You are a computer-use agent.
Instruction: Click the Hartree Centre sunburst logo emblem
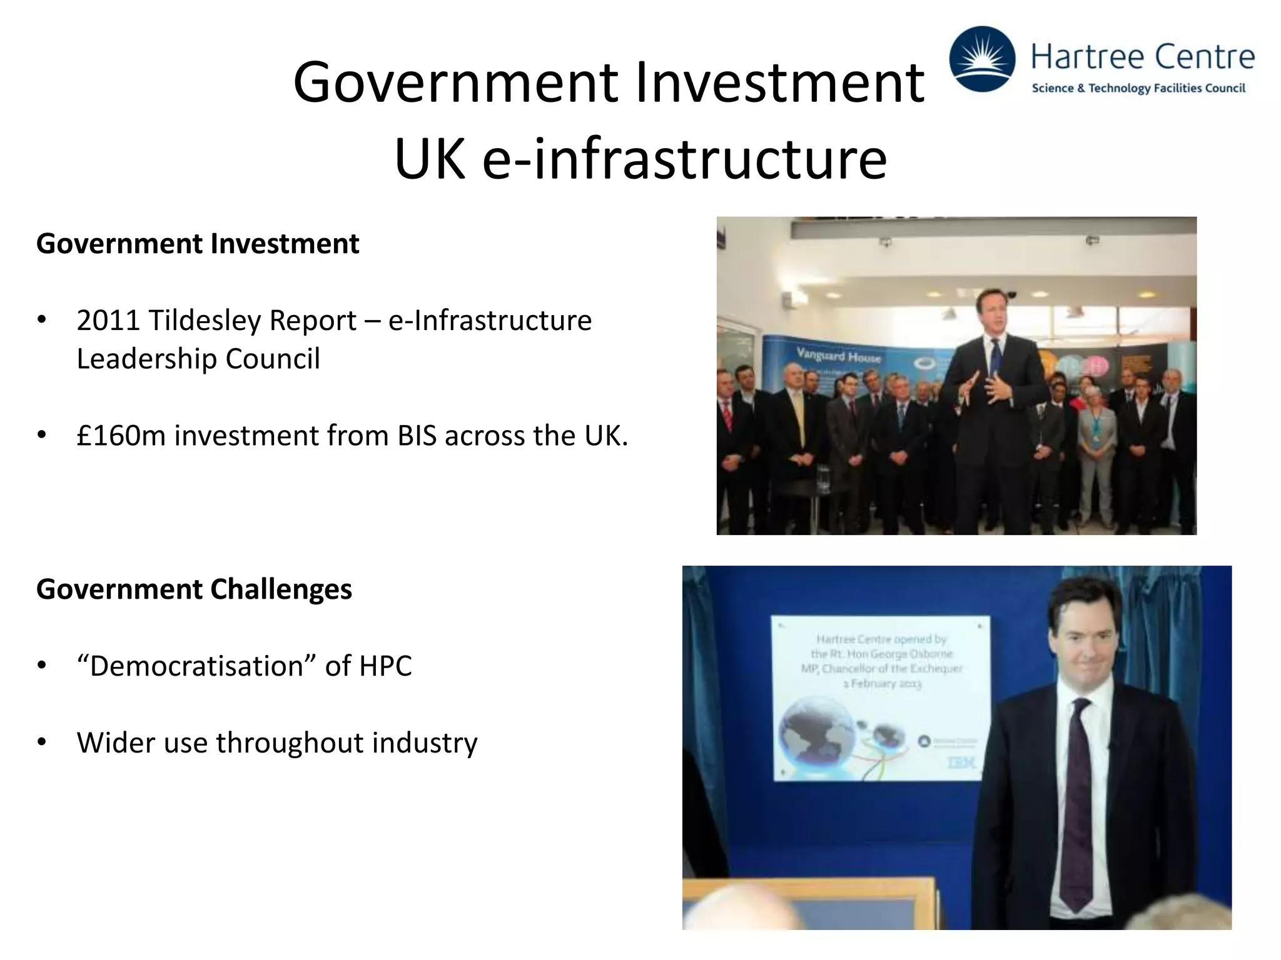tap(982, 59)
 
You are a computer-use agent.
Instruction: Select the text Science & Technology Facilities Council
tap(1138, 88)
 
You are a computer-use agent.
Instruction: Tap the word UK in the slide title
tap(430, 159)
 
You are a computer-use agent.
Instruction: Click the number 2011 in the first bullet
tap(108, 321)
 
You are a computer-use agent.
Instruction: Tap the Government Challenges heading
tap(194, 589)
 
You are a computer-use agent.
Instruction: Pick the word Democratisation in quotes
tap(195, 666)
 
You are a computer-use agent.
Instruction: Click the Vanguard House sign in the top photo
tap(838, 356)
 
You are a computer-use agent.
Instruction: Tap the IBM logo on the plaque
tap(961, 762)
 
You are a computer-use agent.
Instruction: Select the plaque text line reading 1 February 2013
tap(882, 684)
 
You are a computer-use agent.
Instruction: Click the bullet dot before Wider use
tap(42, 742)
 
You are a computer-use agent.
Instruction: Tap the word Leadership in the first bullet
tap(147, 359)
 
